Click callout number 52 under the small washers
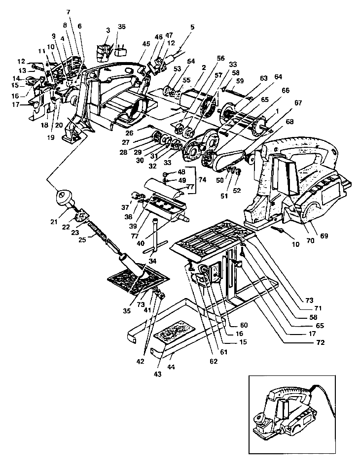(238, 190)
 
